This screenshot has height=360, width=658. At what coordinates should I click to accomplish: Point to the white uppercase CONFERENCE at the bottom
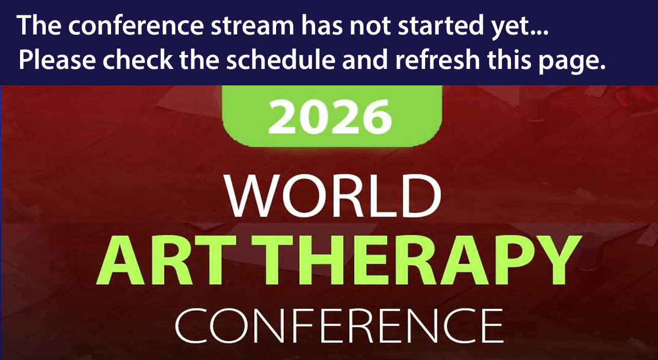[338, 326]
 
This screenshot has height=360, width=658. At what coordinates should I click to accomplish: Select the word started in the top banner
[439, 26]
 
